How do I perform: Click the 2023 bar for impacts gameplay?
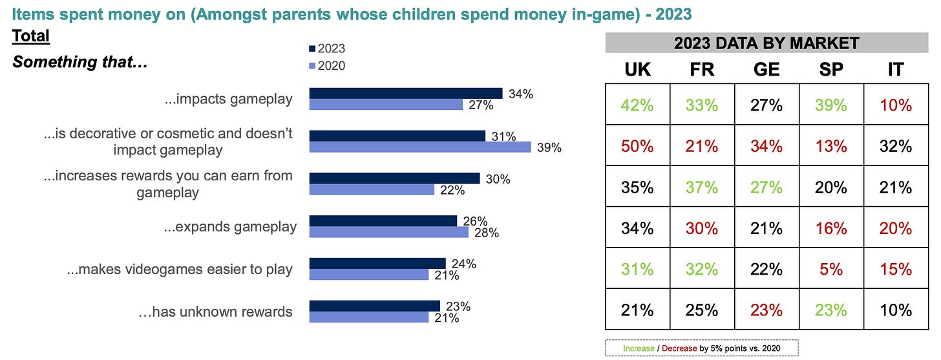406,93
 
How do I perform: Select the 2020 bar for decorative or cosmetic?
420,147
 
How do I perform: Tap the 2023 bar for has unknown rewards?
375,306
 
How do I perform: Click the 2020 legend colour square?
313,65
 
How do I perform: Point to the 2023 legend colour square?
313,48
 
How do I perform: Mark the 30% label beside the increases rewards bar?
497,179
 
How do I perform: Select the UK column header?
637,70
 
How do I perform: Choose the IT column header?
895,70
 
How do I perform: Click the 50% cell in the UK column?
637,146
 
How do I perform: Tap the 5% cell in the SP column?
831,269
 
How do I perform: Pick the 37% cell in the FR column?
702,187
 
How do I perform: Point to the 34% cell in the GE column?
767,146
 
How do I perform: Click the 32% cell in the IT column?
895,146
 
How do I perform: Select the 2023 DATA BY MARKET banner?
766,43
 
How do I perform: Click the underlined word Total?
31,36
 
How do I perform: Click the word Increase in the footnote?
639,348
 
